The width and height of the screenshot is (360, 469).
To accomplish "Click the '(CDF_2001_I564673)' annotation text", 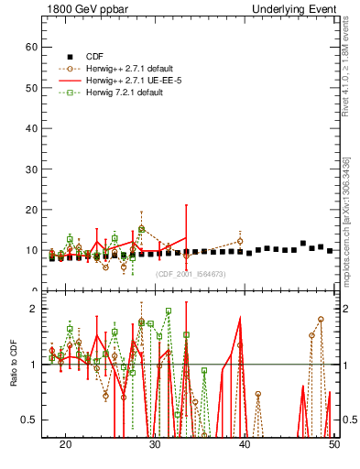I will [190, 274].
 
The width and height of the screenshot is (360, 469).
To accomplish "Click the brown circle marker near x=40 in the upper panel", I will [240, 241].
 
